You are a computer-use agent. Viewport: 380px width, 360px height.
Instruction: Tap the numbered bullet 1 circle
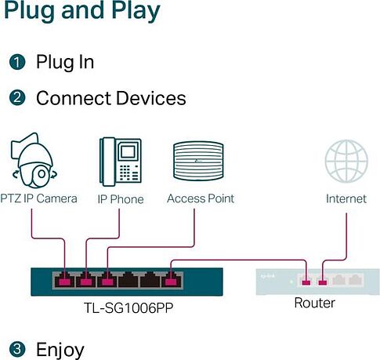(x=16, y=62)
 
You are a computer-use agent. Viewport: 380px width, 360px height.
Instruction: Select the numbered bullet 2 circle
(x=16, y=99)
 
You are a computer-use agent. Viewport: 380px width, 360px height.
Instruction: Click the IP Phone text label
(x=120, y=199)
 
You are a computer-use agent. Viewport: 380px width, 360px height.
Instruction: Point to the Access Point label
(x=201, y=198)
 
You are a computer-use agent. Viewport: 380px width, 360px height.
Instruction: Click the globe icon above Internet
(x=346, y=162)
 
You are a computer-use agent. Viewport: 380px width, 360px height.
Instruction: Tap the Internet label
(x=346, y=199)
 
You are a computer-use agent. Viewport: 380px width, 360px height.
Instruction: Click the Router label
(x=313, y=303)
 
